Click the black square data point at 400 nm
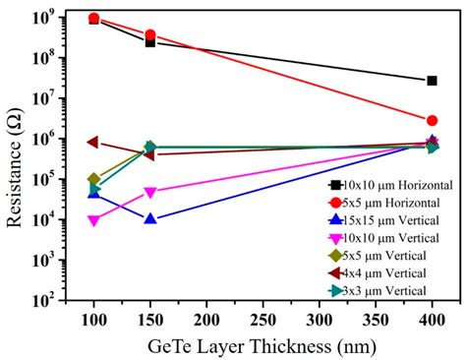pos(433,81)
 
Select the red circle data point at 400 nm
pos(433,120)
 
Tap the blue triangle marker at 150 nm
pos(150,218)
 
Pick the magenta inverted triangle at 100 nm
pos(93,221)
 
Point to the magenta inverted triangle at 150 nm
pos(150,193)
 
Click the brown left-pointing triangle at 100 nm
pos(93,142)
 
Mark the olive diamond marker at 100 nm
pos(93,180)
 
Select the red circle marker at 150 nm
pos(150,35)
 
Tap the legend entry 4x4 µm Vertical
pos(383,272)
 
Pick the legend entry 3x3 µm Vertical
pos(383,290)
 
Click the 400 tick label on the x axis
pos(433,322)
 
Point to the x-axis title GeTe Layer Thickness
pos(262,345)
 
